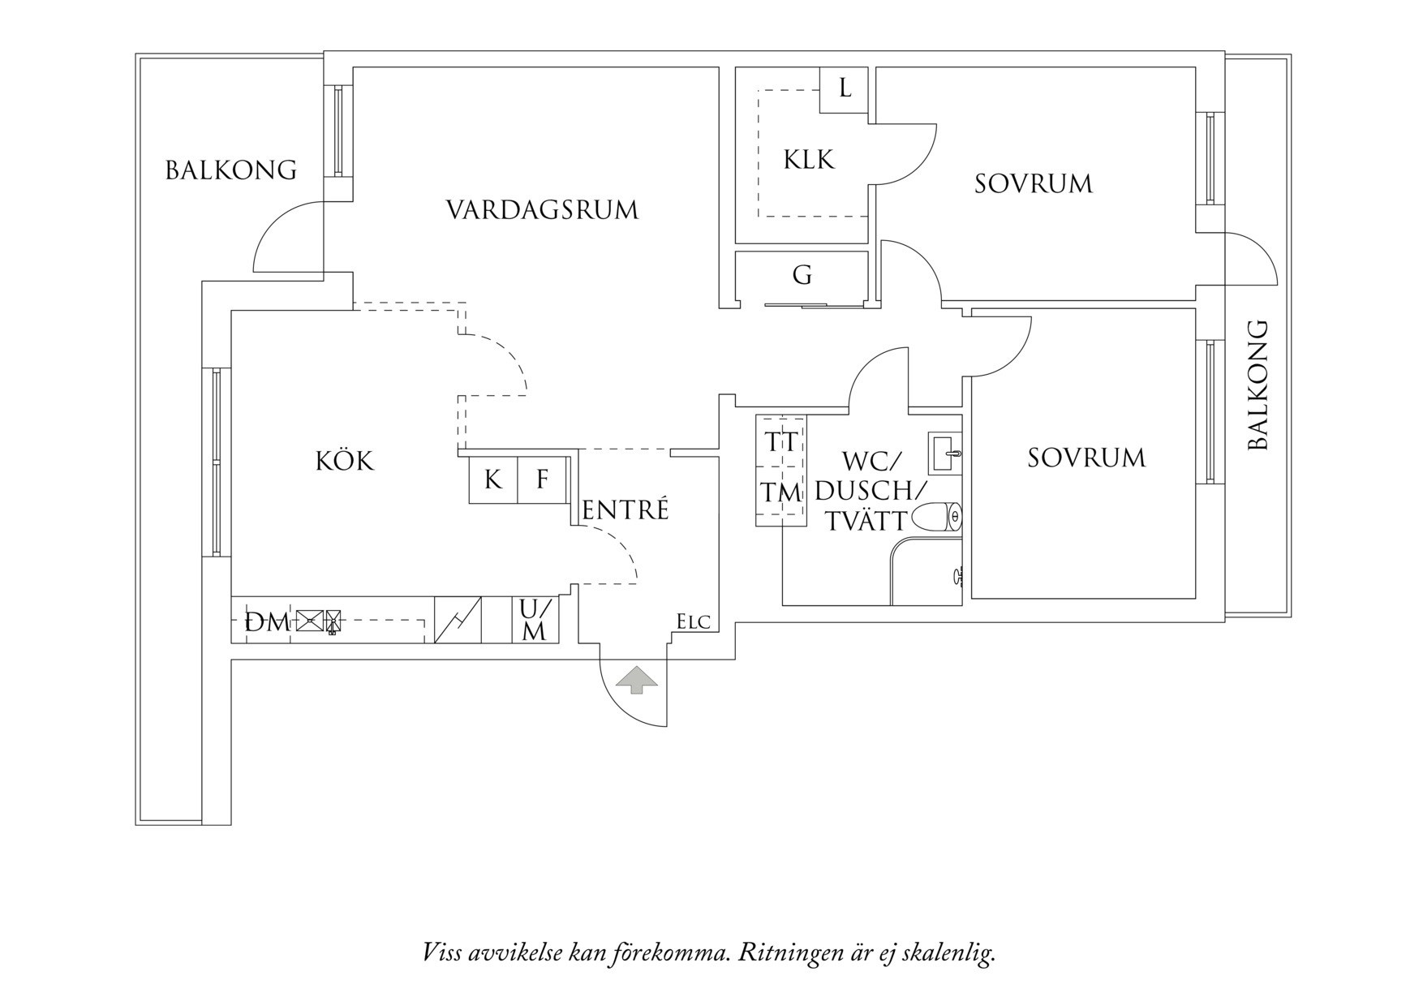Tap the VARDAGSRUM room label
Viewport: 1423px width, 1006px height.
pyautogui.click(x=542, y=210)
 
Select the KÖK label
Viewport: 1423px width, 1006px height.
pyautogui.click(x=345, y=462)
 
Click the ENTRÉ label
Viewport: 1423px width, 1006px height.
pyautogui.click(x=626, y=510)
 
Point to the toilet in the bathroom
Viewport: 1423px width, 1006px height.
pyautogui.click(x=936, y=517)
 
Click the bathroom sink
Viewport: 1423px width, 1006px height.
pyautogui.click(x=945, y=453)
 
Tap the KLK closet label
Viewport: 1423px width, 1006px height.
pyautogui.click(x=809, y=160)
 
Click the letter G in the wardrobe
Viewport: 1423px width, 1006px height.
pyautogui.click(x=802, y=276)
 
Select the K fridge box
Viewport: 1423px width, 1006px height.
pyautogui.click(x=492, y=479)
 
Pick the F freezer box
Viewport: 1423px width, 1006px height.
pyautogui.click(x=543, y=479)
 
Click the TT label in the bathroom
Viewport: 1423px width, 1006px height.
pyautogui.click(x=781, y=443)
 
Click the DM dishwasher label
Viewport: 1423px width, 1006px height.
pyautogui.click(x=267, y=623)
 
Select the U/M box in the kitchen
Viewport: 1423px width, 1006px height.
pyautogui.click(x=535, y=620)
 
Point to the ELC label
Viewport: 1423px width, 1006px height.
pyautogui.click(x=694, y=622)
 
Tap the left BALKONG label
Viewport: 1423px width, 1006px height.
pyautogui.click(x=231, y=170)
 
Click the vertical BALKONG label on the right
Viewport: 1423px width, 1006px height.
pyautogui.click(x=1257, y=385)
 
